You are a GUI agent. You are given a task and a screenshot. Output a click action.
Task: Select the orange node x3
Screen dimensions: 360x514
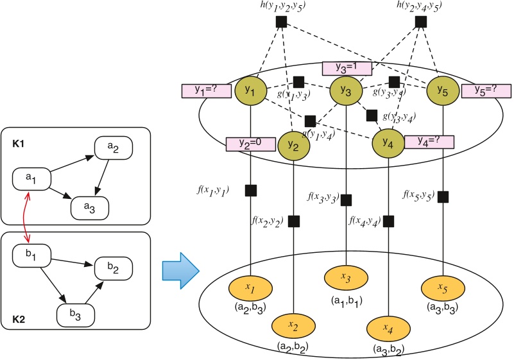click(x=346, y=279)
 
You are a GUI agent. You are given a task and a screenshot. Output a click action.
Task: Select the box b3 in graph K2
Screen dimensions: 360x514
click(x=76, y=314)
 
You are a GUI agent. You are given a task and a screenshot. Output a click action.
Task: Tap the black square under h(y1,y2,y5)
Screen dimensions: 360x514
click(x=280, y=22)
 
